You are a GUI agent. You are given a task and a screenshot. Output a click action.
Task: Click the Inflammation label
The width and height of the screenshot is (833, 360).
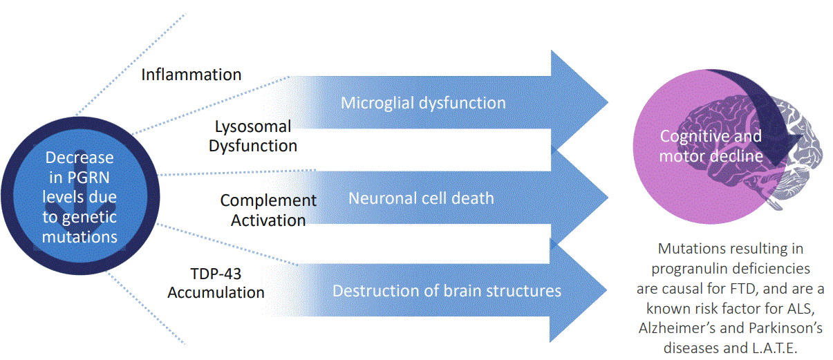pyautogui.click(x=191, y=75)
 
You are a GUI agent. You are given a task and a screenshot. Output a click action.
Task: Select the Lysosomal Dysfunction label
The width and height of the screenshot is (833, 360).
pyautogui.click(x=253, y=136)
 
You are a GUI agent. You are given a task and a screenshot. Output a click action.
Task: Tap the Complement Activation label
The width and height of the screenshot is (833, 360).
pyautogui.click(x=268, y=210)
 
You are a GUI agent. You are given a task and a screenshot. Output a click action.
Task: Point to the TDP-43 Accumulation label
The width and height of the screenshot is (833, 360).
pyautogui.click(x=216, y=282)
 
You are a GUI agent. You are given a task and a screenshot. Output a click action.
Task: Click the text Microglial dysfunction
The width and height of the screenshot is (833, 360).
pyautogui.click(x=423, y=104)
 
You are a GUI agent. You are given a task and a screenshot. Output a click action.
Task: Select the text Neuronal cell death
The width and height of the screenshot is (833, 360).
pyautogui.click(x=421, y=198)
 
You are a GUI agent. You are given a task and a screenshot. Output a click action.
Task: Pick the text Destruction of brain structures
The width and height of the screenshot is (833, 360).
pyautogui.click(x=447, y=290)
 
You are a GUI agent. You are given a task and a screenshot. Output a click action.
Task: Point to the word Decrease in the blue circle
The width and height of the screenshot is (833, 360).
pyautogui.click(x=79, y=158)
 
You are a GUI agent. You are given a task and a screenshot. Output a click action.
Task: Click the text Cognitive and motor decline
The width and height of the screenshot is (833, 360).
pyautogui.click(x=711, y=146)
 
